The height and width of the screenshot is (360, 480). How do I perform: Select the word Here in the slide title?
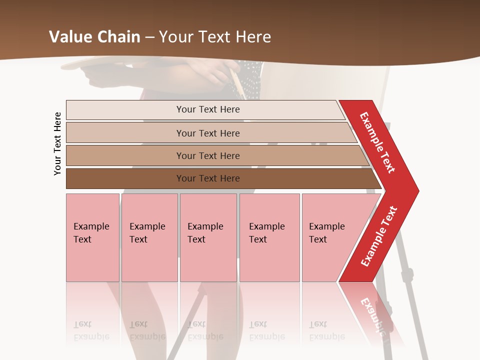tap(253, 36)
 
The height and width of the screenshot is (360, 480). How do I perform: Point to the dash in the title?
tap(150, 37)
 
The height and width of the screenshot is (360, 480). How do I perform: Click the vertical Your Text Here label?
tap(57, 143)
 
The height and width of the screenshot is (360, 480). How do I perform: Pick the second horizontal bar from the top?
tap(210, 133)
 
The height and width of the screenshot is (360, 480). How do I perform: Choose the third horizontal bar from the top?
tap(215, 155)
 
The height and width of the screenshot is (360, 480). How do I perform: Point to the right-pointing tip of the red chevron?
tap(416, 190)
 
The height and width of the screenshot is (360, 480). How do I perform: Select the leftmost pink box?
tap(92, 237)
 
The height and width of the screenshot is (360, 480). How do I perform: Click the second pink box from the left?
tap(149, 237)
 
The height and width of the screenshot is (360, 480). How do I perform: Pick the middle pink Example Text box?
tap(208, 237)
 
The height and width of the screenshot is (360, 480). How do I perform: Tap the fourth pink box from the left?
tap(269, 237)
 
